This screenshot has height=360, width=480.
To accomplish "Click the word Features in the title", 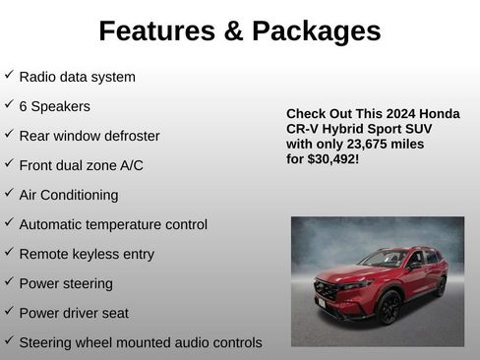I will (157, 31).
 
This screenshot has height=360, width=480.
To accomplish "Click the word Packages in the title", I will (316, 31).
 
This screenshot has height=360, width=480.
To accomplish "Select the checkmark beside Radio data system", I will (9, 75).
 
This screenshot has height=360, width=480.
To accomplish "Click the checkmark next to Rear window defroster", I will (9, 134).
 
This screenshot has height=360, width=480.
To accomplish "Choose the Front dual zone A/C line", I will (81, 165).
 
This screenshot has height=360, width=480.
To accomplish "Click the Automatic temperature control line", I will (112, 224).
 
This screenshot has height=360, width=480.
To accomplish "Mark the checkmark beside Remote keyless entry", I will (9, 252).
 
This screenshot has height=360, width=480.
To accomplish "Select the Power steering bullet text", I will (65, 283).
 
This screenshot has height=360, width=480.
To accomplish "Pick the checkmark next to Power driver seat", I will (9, 311).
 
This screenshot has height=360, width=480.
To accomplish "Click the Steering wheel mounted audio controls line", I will (140, 342).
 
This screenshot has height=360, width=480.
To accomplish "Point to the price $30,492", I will (330, 158).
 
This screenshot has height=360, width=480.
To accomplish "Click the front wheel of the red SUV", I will (389, 308).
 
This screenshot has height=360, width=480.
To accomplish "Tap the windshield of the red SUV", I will (384, 259).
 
